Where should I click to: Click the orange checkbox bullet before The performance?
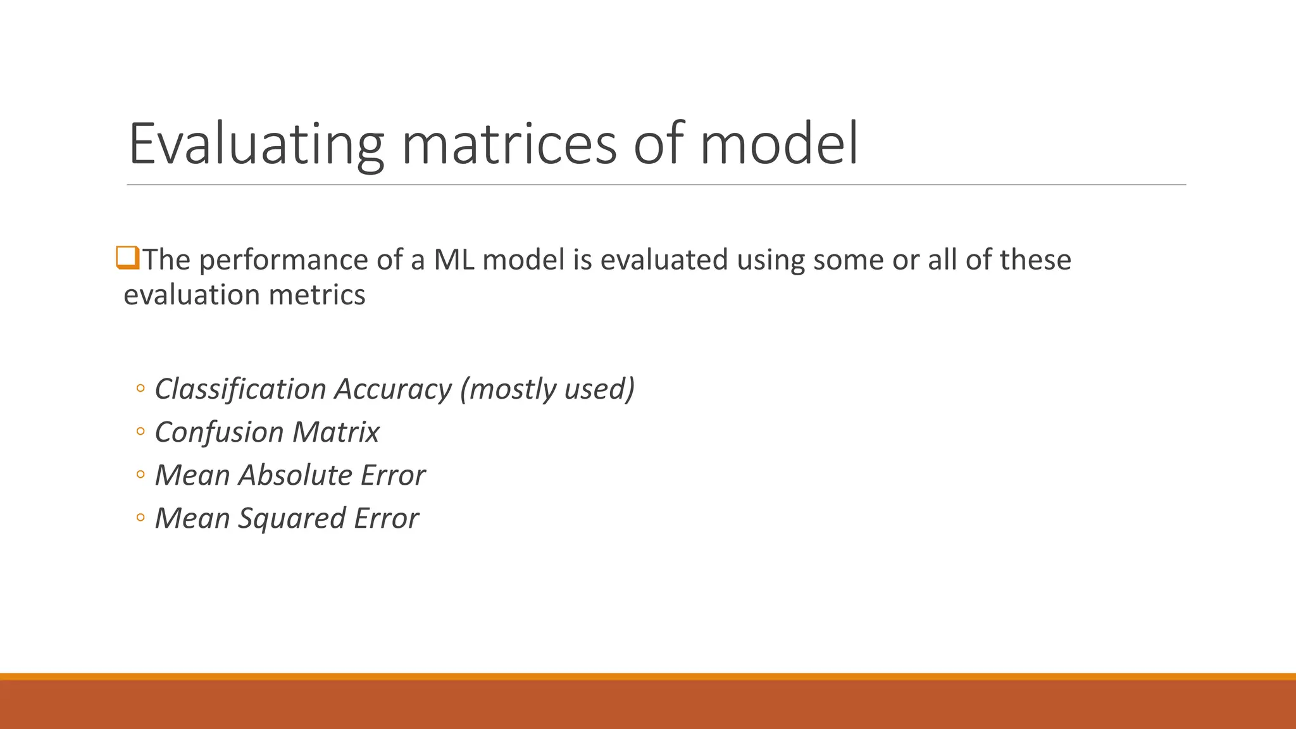[x=127, y=258]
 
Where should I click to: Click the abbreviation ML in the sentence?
[x=454, y=259]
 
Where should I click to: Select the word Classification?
[x=240, y=389]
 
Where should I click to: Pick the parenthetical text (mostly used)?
[x=547, y=389]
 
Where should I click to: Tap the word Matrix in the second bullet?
[x=335, y=432]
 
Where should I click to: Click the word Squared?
[x=292, y=518]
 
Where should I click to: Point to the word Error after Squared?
[x=386, y=518]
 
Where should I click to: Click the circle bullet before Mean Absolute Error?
[x=140, y=475]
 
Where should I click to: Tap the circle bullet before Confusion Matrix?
[x=140, y=432]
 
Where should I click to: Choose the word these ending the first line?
[x=1035, y=259]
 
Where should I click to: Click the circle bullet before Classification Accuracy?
[x=140, y=389]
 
